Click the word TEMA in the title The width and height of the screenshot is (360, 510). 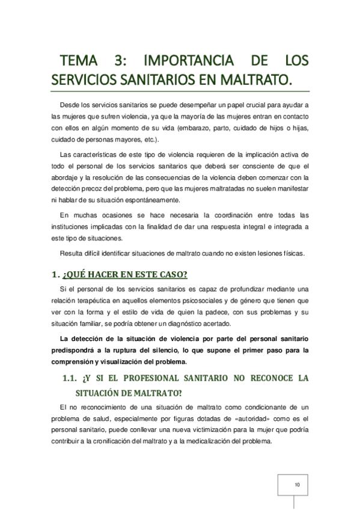[81, 61]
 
